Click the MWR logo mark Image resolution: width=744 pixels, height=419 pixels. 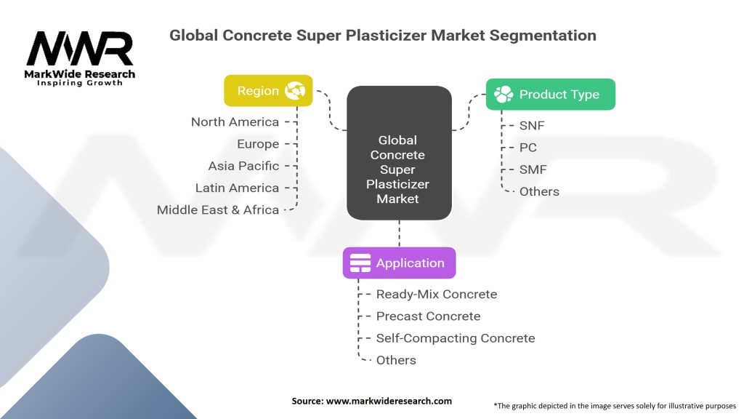80,49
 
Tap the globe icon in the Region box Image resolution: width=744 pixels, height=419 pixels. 295,90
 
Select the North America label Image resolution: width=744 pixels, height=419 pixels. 235,122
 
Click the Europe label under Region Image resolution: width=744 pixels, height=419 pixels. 258,144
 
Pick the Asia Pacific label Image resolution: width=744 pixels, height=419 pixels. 243,166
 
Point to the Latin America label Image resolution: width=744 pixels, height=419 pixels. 238,188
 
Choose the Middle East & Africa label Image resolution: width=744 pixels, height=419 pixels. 218,209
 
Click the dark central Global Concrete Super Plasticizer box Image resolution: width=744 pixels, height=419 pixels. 399,153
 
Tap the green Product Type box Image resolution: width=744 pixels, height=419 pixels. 551,94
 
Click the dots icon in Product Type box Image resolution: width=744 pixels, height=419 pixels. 504,94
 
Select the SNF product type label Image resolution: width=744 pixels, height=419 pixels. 532,125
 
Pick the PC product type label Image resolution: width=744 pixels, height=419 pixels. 528,147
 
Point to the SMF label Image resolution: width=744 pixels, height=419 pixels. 533,169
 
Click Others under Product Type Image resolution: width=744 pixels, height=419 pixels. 540,191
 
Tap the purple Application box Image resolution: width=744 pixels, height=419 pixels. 399,263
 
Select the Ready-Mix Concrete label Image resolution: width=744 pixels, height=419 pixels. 437,294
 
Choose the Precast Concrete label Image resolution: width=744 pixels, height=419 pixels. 429,316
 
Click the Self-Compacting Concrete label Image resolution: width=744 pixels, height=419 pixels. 456,338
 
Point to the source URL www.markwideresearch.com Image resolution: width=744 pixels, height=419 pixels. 389,401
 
